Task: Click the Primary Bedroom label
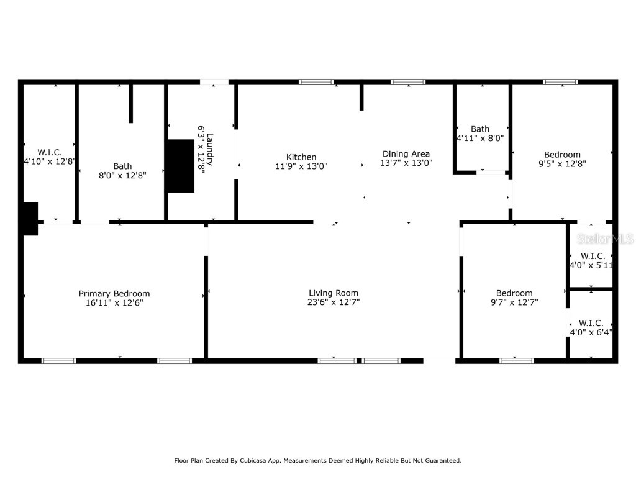click(x=114, y=294)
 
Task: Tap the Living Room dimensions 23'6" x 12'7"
click(x=334, y=302)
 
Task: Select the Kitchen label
click(x=301, y=157)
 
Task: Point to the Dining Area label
click(x=406, y=154)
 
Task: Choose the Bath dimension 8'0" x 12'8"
click(x=122, y=175)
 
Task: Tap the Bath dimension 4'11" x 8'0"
click(x=479, y=139)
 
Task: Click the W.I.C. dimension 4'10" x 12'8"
click(x=49, y=161)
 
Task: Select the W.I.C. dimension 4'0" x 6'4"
click(x=591, y=332)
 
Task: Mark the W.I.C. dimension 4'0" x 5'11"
click(x=591, y=265)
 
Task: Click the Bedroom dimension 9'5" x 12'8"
click(x=562, y=164)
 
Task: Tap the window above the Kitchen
click(x=316, y=82)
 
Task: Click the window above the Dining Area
click(x=408, y=82)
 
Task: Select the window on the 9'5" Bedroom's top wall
click(x=560, y=82)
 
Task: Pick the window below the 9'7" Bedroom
click(x=517, y=360)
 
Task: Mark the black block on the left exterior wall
click(x=29, y=219)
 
